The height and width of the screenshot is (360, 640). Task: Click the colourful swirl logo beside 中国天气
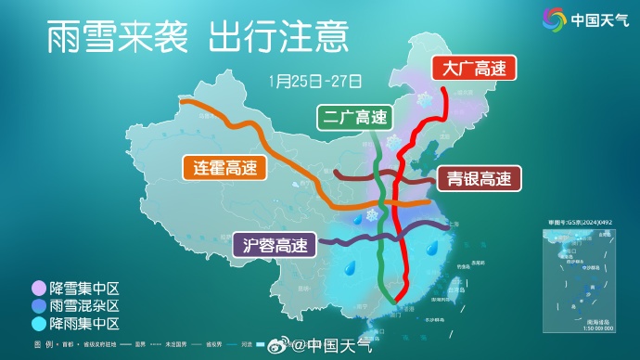tap(553, 19)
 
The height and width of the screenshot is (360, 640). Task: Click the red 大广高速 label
tap(474, 69)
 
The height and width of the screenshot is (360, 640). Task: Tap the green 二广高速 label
tap(353, 118)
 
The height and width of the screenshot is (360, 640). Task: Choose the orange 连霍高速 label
tap(224, 168)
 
